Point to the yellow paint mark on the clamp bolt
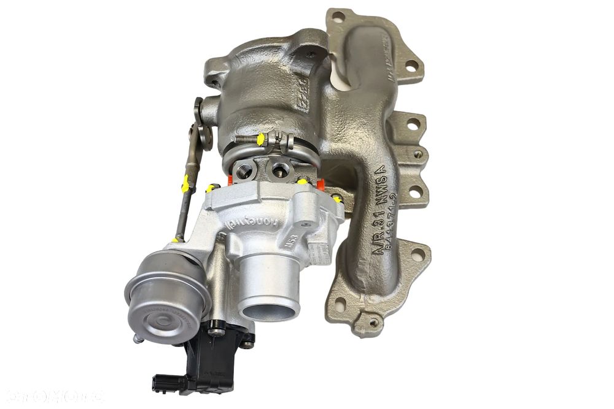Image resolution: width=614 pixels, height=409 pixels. [x=260, y=139]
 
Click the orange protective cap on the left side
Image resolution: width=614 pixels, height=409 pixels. [x=232, y=180]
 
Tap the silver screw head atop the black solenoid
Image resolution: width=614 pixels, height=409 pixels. [x=216, y=332]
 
